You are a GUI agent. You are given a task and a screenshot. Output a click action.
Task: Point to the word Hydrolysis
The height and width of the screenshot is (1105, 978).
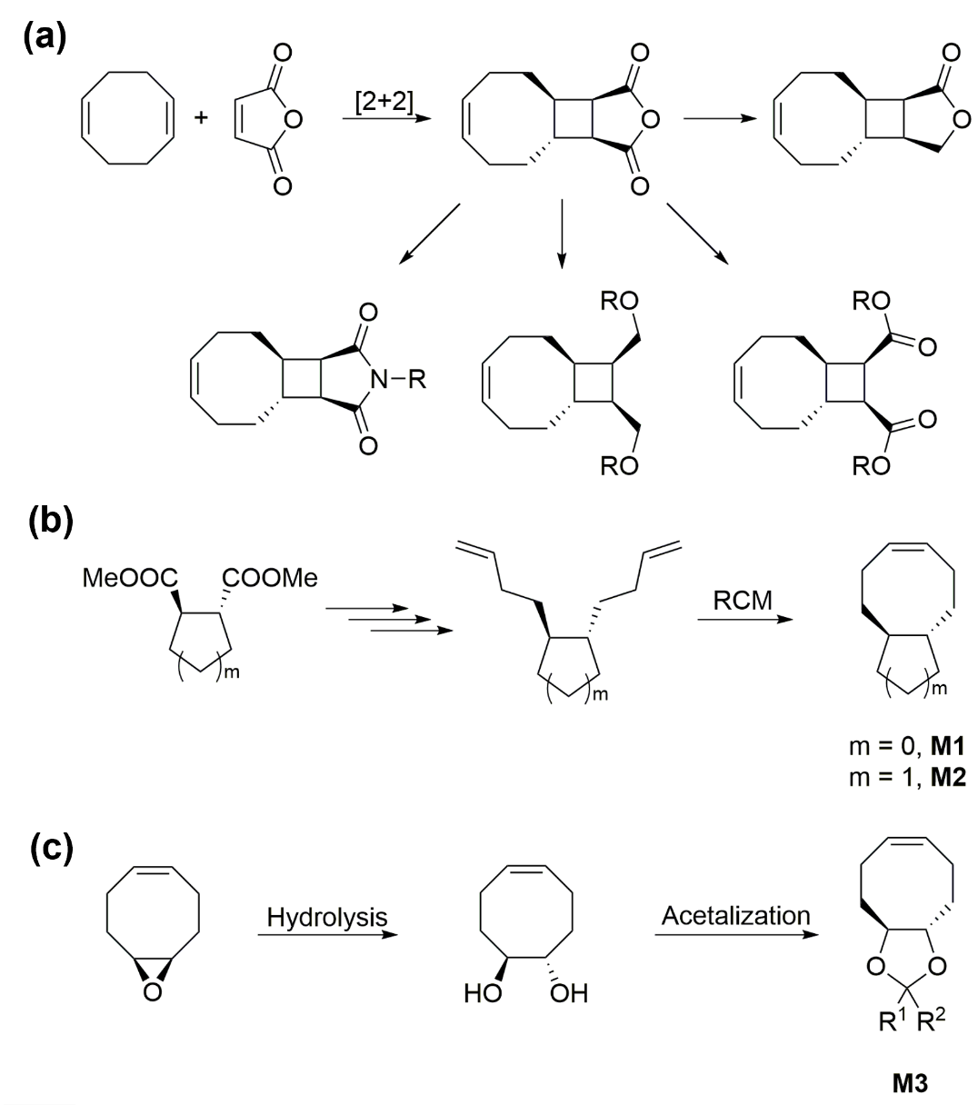[326, 917]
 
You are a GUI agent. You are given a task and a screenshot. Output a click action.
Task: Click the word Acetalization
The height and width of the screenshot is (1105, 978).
[735, 915]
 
